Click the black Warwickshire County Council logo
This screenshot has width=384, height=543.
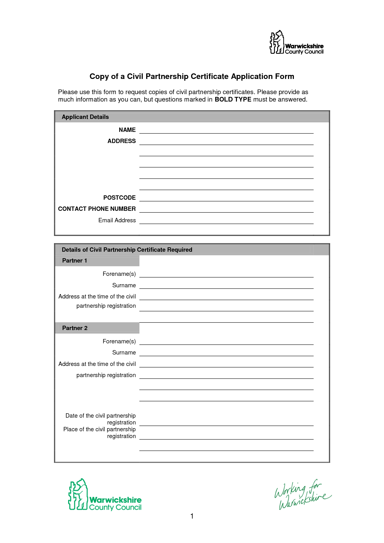point(296,43)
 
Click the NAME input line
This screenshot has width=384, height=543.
point(226,130)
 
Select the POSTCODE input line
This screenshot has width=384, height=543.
point(226,198)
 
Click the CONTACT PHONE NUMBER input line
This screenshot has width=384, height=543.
point(226,209)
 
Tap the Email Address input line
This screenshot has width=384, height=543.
point(226,221)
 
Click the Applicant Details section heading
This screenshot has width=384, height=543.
point(85,117)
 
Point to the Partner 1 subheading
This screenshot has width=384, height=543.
point(75,261)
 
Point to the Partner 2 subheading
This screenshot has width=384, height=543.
point(75,328)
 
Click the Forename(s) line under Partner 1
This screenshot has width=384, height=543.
point(226,274)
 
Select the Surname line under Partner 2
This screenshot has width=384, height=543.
point(226,353)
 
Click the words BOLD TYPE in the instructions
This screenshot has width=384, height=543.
point(233,100)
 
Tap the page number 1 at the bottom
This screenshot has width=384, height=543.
point(192,516)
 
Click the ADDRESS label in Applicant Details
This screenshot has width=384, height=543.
point(122,141)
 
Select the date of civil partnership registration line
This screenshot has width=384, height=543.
point(226,423)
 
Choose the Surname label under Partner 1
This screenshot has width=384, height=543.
point(124,285)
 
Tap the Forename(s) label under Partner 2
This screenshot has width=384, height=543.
point(119,341)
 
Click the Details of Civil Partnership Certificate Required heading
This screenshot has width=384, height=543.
point(127,250)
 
